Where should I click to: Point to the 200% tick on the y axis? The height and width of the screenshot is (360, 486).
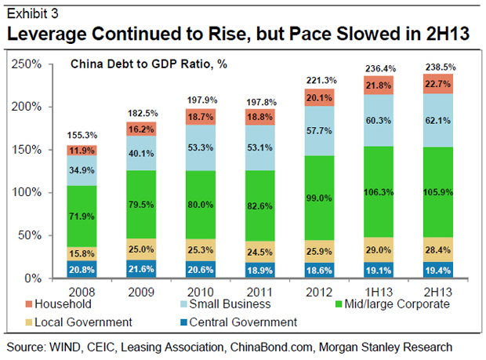coord(30,107)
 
